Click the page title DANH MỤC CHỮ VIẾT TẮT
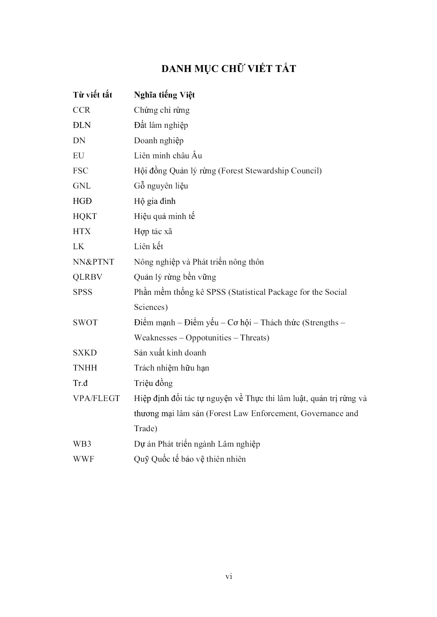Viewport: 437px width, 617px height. (229, 69)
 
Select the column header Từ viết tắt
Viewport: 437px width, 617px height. (92, 95)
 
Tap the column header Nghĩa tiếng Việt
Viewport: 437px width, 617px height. (164, 95)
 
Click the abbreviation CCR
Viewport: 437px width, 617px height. (82, 110)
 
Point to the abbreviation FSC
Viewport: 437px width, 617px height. (80, 171)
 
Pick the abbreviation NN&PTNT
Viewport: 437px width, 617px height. (93, 262)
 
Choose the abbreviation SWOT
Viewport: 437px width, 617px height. (85, 323)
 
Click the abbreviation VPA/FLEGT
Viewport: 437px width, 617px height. (96, 398)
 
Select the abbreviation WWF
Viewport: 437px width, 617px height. (83, 459)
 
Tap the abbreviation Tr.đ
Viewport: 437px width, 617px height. (80, 383)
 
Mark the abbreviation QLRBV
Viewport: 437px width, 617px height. (88, 277)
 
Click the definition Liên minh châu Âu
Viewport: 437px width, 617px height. (168, 156)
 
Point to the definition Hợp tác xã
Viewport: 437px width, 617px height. (153, 231)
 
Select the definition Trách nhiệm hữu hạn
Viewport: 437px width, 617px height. (171, 368)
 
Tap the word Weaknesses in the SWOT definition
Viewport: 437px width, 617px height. (155, 338)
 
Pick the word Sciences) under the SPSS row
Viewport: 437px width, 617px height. (151, 307)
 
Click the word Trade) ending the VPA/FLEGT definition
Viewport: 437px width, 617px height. (145, 429)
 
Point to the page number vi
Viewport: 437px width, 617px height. (229, 576)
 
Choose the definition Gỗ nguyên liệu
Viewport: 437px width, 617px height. (161, 186)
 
